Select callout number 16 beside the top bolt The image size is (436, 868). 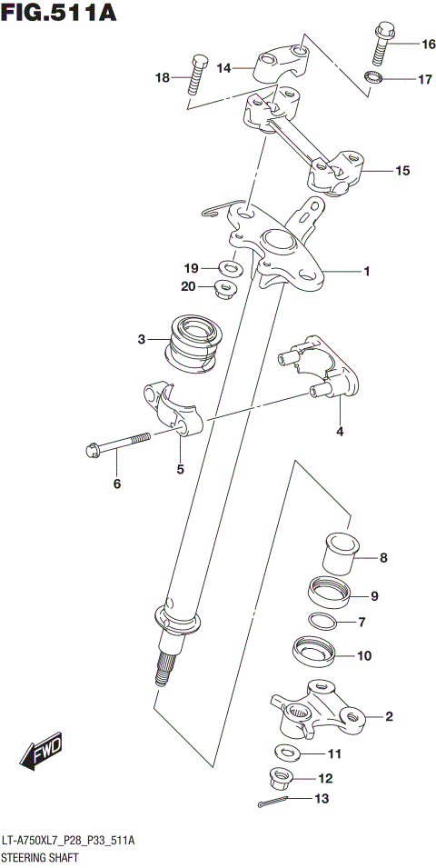coord(428,44)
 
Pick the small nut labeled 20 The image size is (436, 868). coord(224,290)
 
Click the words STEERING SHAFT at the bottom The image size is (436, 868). coord(39,857)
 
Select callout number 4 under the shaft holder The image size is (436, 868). coord(340,432)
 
